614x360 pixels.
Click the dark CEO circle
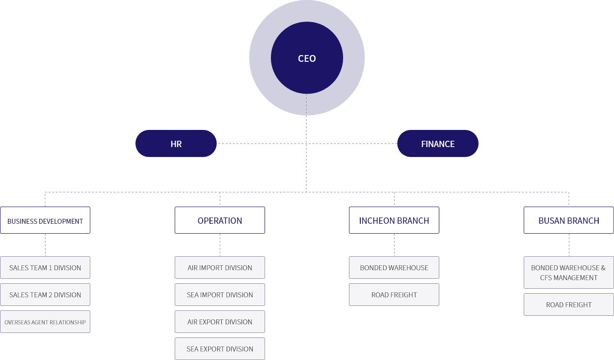click(x=307, y=58)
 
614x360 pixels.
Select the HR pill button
click(x=176, y=143)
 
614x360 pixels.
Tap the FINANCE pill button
click(x=438, y=143)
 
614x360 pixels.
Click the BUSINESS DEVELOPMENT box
click(x=45, y=220)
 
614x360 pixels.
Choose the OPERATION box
click(x=220, y=220)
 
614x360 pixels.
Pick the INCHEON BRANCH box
click(x=394, y=220)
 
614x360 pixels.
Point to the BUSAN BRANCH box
click(x=569, y=220)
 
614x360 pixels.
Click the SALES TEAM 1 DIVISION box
click(x=45, y=268)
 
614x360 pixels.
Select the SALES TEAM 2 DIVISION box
click(x=45, y=295)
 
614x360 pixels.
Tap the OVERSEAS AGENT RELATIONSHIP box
click(x=45, y=322)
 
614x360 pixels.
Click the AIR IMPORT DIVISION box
click(x=220, y=268)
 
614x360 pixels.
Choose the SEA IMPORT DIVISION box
click(x=220, y=295)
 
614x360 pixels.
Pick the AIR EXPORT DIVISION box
click(x=220, y=322)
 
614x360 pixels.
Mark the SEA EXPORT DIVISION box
click(x=220, y=349)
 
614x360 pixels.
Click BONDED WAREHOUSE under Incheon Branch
click(x=394, y=268)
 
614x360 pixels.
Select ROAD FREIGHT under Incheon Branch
click(x=394, y=295)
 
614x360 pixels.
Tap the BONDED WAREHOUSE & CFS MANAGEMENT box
click(x=569, y=272)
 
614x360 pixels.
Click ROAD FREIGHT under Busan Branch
click(x=569, y=305)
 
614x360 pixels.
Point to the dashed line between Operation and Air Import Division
click(x=220, y=245)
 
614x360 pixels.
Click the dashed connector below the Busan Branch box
click(x=569, y=245)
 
